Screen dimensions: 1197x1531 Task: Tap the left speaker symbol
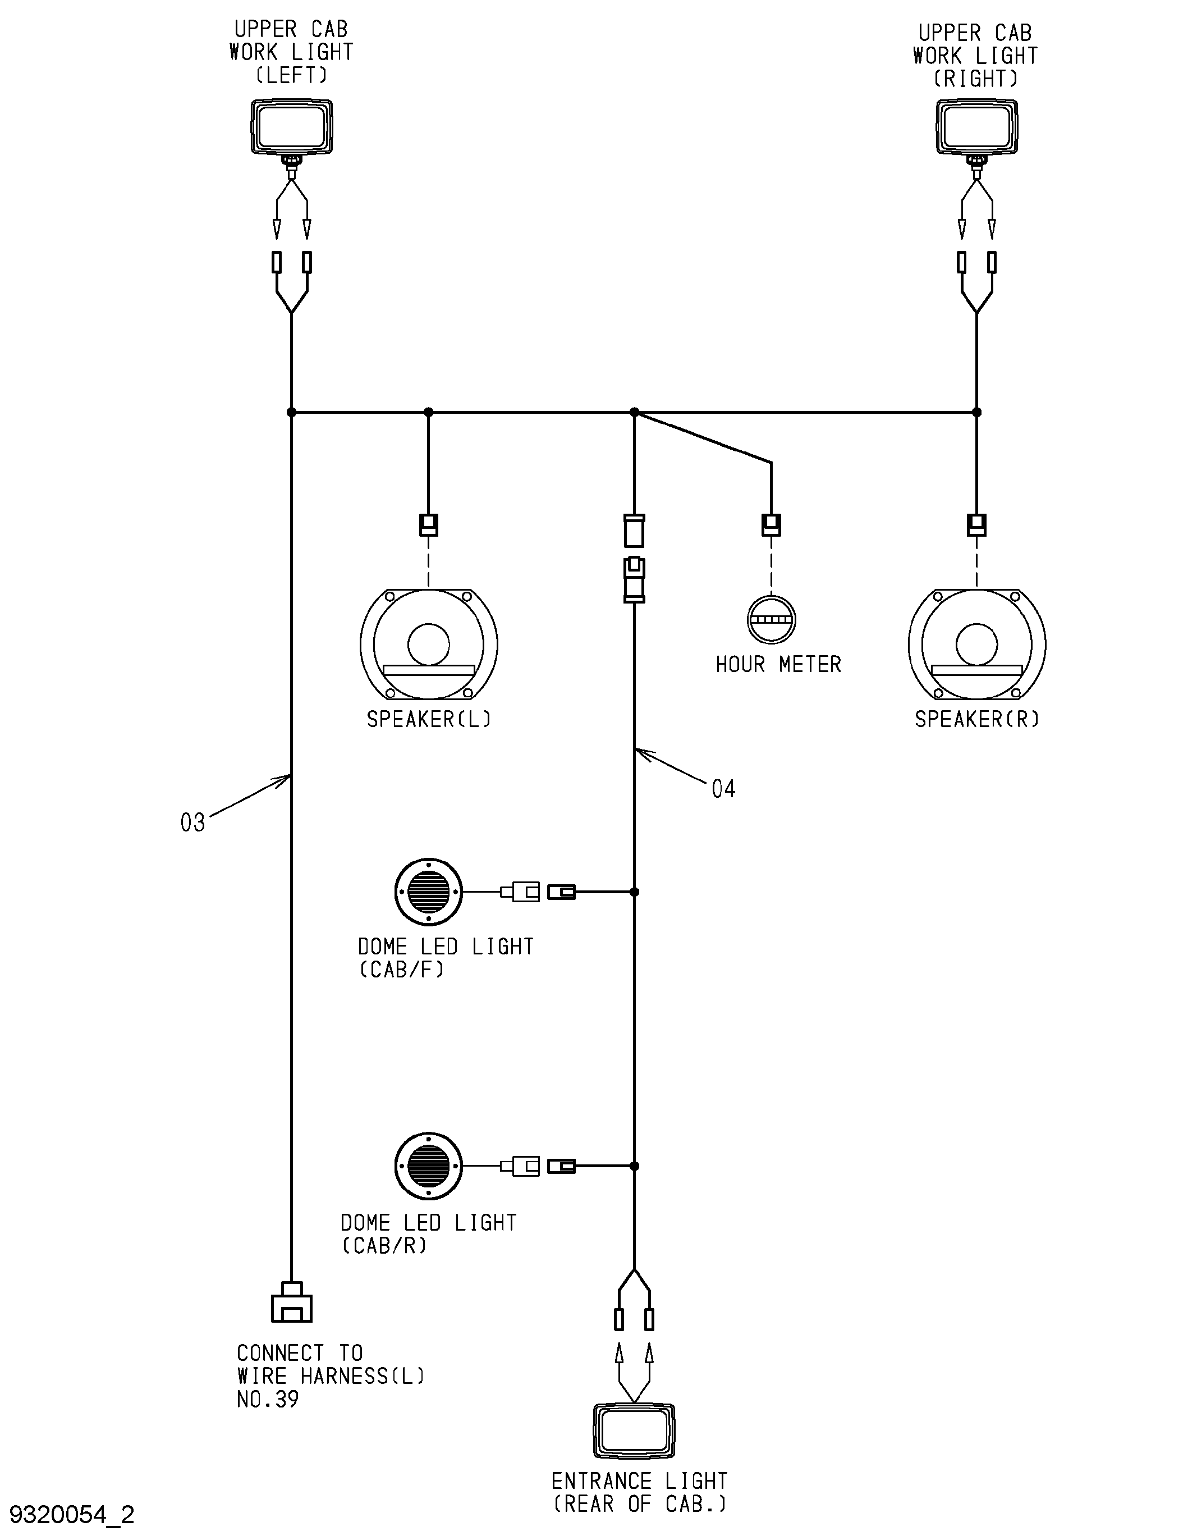(429, 644)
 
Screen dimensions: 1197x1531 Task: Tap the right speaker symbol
(977, 644)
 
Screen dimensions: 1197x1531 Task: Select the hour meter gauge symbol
(771, 620)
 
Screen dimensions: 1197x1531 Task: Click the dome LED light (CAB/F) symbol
(428, 892)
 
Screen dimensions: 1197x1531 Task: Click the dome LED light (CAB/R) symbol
(428, 1166)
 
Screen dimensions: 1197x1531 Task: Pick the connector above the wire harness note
(292, 1302)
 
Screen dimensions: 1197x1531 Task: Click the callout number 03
(192, 822)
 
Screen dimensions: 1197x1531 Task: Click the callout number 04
(723, 789)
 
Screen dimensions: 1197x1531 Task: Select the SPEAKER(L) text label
(429, 719)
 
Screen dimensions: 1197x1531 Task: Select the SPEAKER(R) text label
(977, 719)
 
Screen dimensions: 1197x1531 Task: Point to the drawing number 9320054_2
(71, 1514)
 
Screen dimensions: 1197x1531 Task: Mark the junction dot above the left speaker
(429, 412)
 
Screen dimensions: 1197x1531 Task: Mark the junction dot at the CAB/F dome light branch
(634, 892)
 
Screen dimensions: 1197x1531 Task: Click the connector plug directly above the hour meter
(771, 525)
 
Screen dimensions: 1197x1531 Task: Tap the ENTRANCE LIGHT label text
(639, 1481)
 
